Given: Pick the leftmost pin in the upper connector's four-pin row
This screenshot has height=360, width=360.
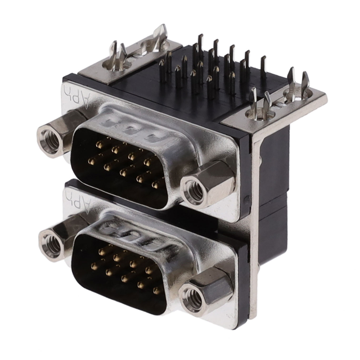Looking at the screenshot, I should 100,145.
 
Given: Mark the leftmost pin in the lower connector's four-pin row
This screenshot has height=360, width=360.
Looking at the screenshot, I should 102,251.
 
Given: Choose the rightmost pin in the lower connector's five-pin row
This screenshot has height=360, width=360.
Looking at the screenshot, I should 156,291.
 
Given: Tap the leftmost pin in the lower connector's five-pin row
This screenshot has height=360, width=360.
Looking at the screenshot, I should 94,267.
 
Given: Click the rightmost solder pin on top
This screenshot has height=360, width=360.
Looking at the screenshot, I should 263,67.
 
